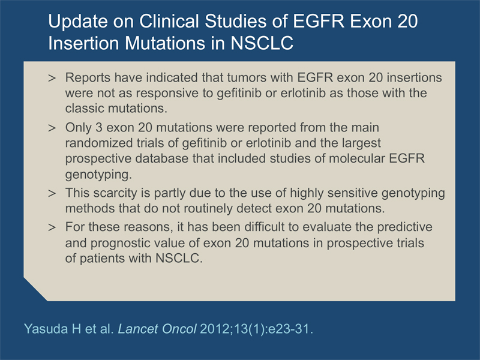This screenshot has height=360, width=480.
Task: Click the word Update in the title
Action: point(78,22)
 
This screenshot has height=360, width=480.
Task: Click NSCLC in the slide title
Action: point(262,43)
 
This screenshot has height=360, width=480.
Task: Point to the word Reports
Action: point(88,78)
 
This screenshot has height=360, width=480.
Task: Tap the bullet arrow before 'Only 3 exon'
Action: point(52,128)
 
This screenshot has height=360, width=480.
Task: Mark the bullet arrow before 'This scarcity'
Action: point(52,193)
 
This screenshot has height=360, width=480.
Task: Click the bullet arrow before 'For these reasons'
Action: point(52,227)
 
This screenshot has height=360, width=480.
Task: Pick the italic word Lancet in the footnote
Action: point(137,329)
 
